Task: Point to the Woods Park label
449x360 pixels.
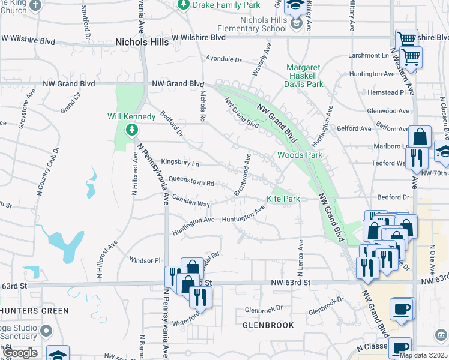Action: pos(300,155)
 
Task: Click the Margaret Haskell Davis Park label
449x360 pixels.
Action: pos(304,76)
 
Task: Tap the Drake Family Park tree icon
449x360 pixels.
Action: pos(184,5)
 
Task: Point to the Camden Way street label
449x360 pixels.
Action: pos(191,200)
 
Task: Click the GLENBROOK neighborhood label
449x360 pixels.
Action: pos(268,325)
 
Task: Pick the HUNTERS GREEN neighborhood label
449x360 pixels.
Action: pos(34,311)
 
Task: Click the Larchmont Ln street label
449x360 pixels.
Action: pos(369,55)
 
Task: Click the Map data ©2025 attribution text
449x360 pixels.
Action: pos(423,355)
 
